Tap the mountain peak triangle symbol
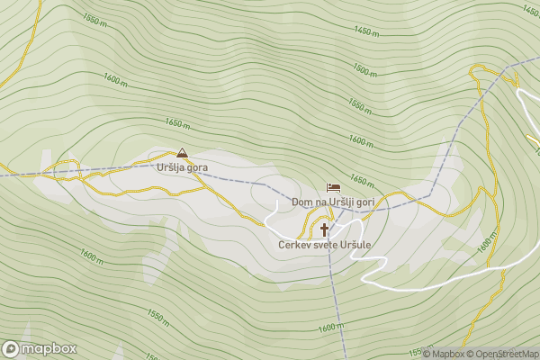183,153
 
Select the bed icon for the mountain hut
333,188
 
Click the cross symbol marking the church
324,229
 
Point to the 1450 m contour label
366,31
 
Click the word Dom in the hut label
301,202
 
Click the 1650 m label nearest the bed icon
362,179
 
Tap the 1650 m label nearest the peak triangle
177,122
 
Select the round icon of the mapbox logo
11,348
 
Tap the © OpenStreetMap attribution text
502,354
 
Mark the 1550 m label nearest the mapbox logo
157,316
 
